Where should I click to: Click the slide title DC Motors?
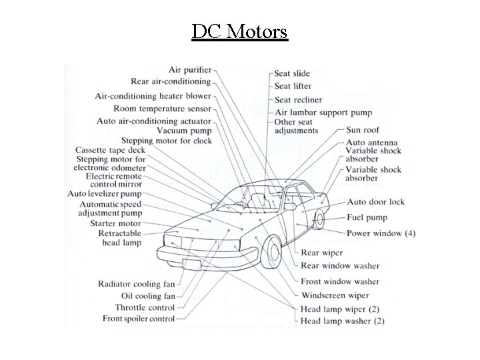(x=239, y=31)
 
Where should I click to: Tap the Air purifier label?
(x=190, y=70)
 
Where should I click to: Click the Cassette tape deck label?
(x=110, y=151)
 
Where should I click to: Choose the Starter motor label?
(x=115, y=223)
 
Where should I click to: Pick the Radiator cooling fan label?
(x=136, y=283)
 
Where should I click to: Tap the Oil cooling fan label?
(x=148, y=295)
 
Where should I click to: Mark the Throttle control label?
(x=145, y=307)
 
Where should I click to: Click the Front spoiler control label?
(x=138, y=319)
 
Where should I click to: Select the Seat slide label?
(x=293, y=73)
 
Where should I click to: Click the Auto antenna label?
(x=371, y=143)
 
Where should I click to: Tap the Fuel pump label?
(x=366, y=217)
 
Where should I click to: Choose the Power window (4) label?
(x=381, y=233)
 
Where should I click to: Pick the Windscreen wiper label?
(x=335, y=295)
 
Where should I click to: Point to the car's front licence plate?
(x=191, y=264)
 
